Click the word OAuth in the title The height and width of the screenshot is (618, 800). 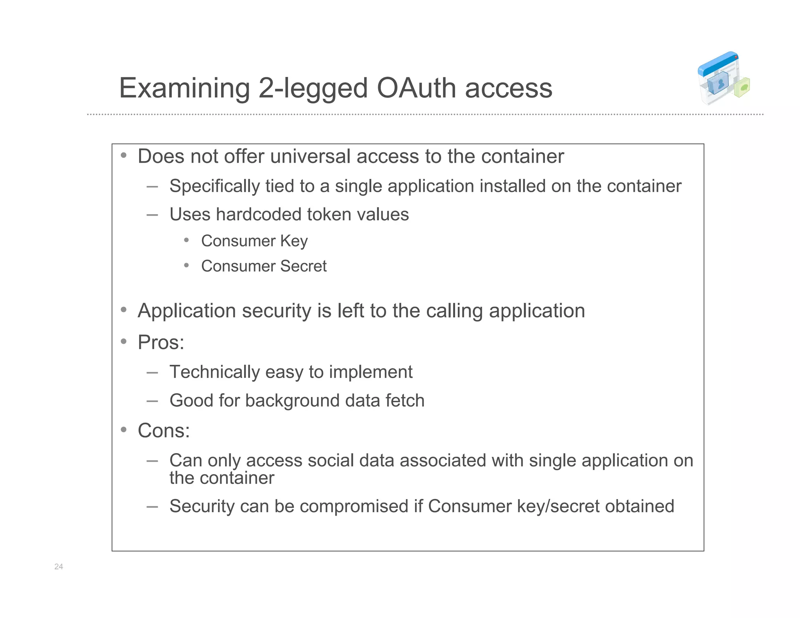(x=417, y=88)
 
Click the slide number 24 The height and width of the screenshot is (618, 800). (x=59, y=566)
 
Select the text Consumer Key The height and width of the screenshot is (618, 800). (x=254, y=241)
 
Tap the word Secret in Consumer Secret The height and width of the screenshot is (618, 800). (x=303, y=266)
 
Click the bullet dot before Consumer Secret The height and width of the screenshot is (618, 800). (x=187, y=266)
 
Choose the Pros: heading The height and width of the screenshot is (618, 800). (x=161, y=343)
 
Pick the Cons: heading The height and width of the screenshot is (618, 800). (x=164, y=431)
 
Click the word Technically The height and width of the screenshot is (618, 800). (x=214, y=372)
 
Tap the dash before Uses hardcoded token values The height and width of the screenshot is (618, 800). (x=152, y=215)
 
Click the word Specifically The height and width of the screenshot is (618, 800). (x=214, y=186)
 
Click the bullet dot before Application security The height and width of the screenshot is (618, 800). (x=124, y=310)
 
